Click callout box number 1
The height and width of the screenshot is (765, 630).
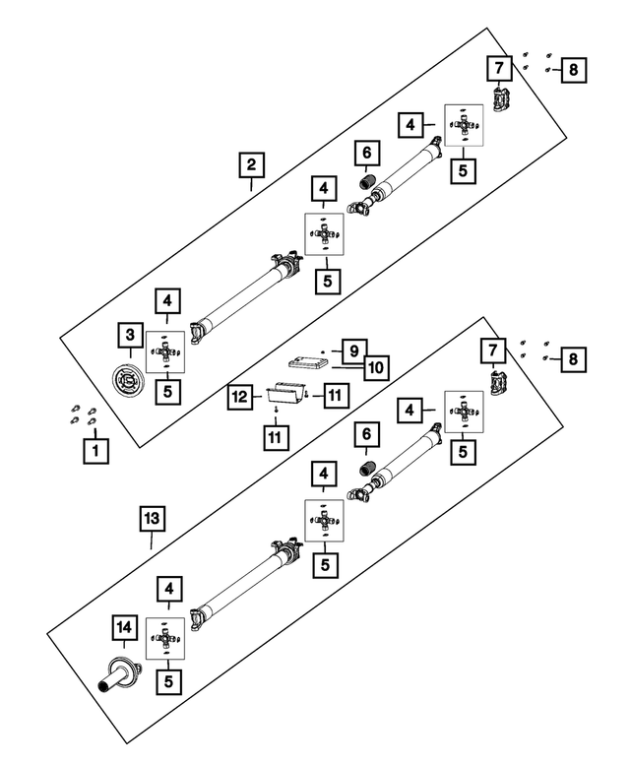pos(95,451)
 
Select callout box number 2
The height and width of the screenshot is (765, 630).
pos(251,164)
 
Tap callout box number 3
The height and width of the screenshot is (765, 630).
pos(130,335)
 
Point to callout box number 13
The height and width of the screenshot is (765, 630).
pos(153,519)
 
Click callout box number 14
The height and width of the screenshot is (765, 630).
pos(124,627)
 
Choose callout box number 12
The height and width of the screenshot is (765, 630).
pos(240,397)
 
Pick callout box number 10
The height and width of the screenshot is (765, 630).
pos(376,368)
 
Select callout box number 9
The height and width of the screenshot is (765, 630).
pos(354,351)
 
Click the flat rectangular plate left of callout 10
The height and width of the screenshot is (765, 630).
pos(308,363)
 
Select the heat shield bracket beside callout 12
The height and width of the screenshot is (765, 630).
pos(284,392)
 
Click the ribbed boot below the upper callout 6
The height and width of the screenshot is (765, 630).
pos(366,181)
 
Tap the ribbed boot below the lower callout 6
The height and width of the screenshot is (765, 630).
pos(366,469)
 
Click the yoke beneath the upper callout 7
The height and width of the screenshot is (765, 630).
pos(501,99)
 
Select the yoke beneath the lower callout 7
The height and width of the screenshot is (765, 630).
pos(499,383)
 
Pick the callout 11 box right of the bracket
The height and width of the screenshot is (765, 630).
pos(335,395)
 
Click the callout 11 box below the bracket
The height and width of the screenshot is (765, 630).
pos(275,437)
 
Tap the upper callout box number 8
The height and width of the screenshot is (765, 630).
pos(574,70)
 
